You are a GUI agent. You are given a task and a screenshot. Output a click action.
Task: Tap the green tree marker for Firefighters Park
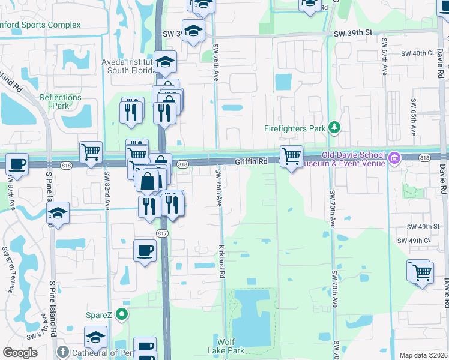click(335, 128)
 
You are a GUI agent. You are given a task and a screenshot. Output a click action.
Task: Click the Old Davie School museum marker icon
click(394, 158)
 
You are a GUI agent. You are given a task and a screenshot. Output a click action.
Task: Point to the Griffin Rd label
click(250, 162)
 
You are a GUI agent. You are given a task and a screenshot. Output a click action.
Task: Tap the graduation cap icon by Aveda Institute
click(165, 61)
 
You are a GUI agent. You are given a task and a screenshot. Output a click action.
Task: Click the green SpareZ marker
click(122, 314)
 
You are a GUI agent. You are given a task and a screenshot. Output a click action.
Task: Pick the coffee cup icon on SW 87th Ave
click(17, 163)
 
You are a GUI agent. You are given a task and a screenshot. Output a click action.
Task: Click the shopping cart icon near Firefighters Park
click(291, 156)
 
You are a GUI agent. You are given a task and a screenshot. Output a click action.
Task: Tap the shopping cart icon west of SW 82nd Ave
click(91, 152)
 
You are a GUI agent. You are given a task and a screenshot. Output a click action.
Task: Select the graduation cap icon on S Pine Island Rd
click(58, 213)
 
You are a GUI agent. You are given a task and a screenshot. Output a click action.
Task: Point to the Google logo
click(20, 353)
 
